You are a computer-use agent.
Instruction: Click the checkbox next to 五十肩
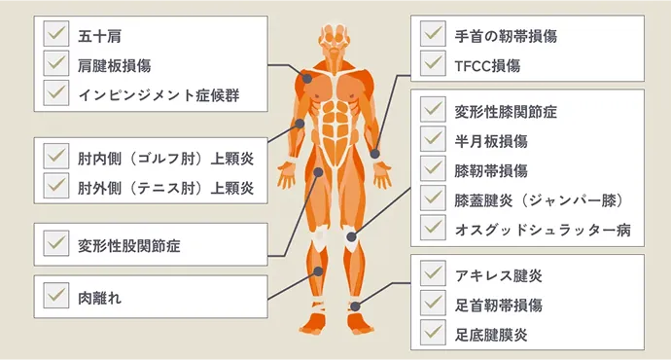[x=55, y=37]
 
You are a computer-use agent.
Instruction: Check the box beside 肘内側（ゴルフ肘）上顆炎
[x=55, y=159]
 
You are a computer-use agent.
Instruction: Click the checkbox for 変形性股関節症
[x=55, y=244]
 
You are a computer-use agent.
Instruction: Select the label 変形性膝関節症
[x=506, y=111]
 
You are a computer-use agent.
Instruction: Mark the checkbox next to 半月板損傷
[x=433, y=140]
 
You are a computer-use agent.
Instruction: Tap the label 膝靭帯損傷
[x=491, y=169]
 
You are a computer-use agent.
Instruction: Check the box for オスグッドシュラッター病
[x=433, y=228]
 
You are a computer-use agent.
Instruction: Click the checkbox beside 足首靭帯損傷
[x=433, y=305]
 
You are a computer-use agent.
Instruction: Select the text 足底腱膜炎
[x=491, y=334]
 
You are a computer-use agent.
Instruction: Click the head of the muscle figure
[x=335, y=37]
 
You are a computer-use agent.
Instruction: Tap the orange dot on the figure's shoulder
[x=306, y=78]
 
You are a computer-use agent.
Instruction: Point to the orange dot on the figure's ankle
[x=354, y=306]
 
